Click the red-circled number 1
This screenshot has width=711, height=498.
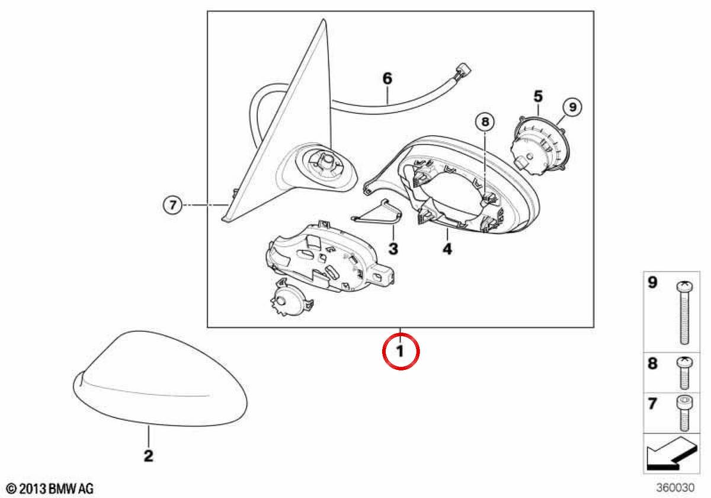(401, 351)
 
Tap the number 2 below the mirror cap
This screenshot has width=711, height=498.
(149, 456)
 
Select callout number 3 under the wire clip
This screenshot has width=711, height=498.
(393, 248)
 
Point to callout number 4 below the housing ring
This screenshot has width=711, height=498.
(447, 249)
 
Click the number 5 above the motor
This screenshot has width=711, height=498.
(539, 96)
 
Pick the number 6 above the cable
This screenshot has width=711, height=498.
(387, 78)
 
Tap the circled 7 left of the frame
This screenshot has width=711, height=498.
(172, 205)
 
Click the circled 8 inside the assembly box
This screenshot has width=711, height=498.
(485, 122)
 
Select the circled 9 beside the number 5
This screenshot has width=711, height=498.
(572, 107)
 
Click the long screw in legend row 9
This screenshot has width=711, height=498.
(685, 313)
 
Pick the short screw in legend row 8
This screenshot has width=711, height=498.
(685, 373)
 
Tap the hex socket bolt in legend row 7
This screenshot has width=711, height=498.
(685, 413)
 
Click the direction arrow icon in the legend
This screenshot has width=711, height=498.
(672, 455)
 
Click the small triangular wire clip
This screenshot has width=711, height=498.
(377, 212)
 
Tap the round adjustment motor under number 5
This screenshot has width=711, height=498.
(540, 146)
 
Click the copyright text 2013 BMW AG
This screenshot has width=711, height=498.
(50, 489)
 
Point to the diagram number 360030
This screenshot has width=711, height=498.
(675, 487)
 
